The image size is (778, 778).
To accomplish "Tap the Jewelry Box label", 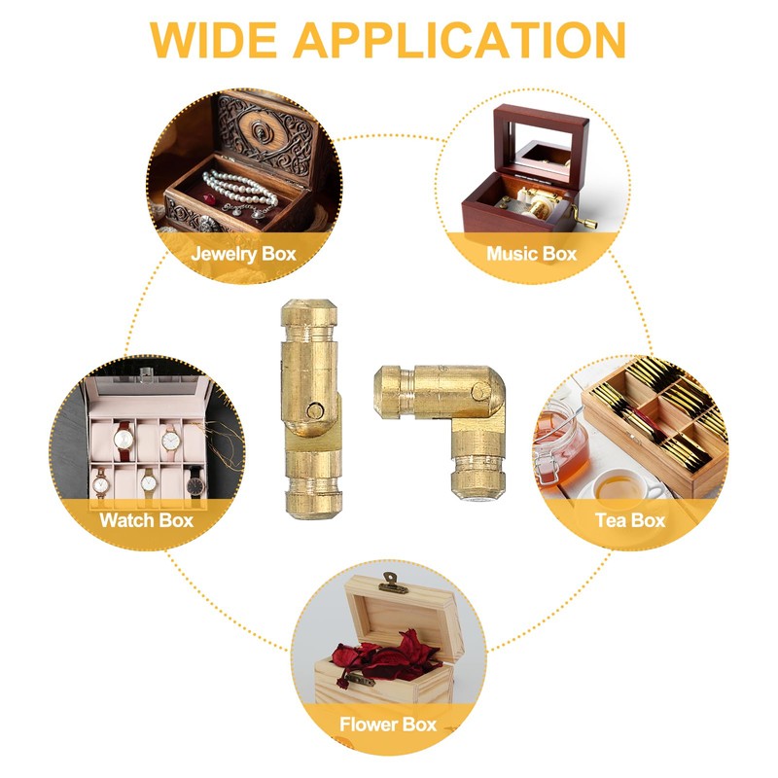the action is click(243, 255).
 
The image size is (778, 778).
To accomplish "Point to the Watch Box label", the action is click(147, 519).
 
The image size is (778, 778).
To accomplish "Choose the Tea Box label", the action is click(629, 519).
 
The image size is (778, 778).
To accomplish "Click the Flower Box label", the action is click(388, 725).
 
